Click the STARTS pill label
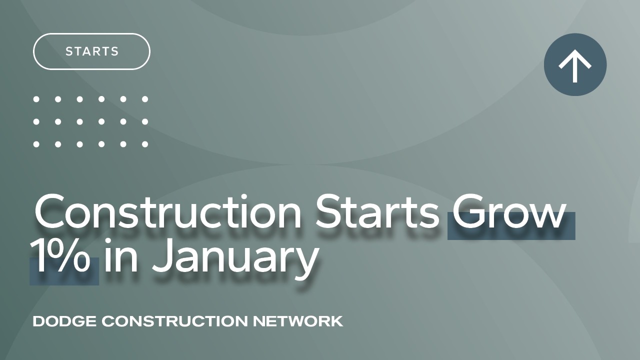(x=92, y=51)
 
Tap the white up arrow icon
(x=575, y=65)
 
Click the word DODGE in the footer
(x=64, y=321)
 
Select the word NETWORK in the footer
(x=298, y=321)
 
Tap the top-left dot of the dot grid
(x=36, y=99)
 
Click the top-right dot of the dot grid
(x=145, y=99)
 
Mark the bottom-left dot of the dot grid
(x=36, y=144)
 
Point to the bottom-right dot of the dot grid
(x=145, y=144)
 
